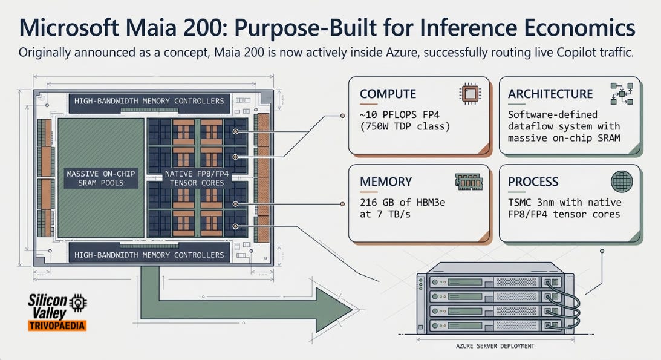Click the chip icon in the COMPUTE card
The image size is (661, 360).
tap(470, 94)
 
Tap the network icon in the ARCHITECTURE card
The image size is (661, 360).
tap(622, 94)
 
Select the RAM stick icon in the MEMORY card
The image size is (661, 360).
tap(469, 182)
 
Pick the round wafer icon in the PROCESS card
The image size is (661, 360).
tap(622, 182)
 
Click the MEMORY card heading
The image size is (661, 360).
tap(386, 182)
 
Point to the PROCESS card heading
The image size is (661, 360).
tap(533, 182)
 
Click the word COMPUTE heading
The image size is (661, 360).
tap(388, 94)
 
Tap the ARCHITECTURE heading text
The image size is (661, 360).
tap(550, 94)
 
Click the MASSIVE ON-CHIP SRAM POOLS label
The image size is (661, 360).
tap(101, 178)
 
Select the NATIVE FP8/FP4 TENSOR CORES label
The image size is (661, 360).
tap(197, 178)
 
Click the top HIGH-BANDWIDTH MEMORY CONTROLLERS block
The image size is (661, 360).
tap(149, 101)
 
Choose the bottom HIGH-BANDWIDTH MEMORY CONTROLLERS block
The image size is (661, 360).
tap(149, 255)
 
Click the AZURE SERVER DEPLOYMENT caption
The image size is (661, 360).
tap(495, 346)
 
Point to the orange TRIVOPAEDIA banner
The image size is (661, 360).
tap(57, 326)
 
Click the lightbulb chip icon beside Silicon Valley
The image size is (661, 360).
tap(78, 303)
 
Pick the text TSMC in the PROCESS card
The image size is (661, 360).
tap(519, 202)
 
